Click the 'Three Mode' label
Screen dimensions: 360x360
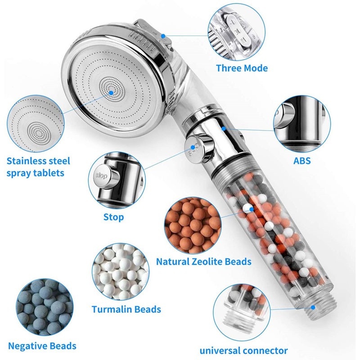click(242, 68)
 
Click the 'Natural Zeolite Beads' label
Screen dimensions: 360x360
click(203, 261)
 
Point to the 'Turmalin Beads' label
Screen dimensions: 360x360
click(126, 310)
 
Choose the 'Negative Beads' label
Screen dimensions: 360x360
click(42, 346)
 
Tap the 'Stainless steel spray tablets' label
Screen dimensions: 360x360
click(39, 166)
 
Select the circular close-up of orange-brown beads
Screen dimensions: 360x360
click(190, 225)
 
